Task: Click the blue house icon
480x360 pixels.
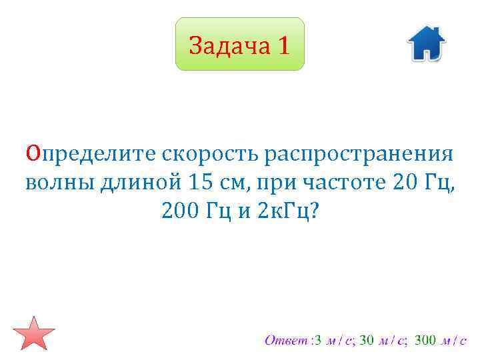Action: [426, 44]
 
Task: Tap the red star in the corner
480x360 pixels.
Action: [33, 333]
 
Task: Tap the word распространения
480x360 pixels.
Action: [359, 154]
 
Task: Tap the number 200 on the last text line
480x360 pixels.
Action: [179, 211]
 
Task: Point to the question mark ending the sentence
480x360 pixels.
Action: [315, 211]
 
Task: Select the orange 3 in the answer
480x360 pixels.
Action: [318, 341]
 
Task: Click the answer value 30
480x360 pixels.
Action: [366, 341]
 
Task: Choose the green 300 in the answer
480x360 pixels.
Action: [425, 341]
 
